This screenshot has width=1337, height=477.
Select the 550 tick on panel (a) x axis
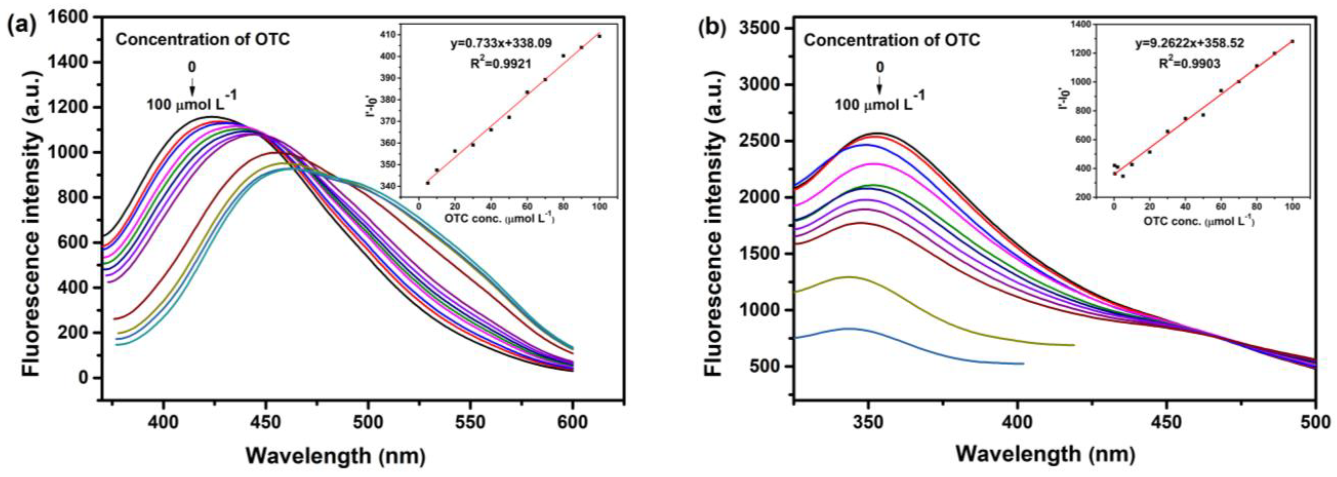coord(470,408)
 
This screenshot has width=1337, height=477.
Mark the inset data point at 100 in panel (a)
coord(599,36)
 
